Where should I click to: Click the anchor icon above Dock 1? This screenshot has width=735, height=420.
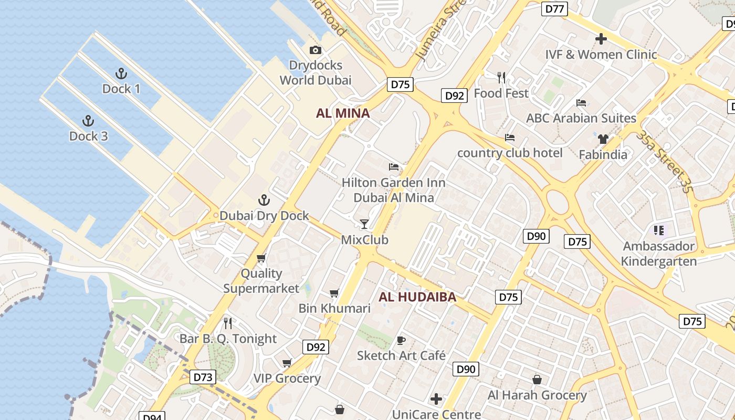121,73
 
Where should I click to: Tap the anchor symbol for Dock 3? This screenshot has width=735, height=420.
88,121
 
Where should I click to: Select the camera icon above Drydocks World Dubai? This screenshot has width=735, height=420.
315,50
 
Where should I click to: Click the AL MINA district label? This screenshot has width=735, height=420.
343,113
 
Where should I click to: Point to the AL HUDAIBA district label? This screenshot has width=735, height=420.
417,297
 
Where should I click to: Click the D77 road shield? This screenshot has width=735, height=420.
554,8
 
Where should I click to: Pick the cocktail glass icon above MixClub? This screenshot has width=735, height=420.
364,224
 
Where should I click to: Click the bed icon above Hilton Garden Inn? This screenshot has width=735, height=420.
393,167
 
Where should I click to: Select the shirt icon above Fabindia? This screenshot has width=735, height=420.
603,139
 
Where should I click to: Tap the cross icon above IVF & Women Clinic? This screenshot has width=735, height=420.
601,39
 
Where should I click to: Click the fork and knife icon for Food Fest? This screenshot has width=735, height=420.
501,78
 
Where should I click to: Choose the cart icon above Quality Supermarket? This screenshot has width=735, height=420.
261,258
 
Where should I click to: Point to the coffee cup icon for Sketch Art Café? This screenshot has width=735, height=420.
401,340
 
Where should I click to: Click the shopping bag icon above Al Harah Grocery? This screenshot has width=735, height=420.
537,379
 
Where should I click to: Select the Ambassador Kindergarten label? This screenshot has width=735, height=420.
659,254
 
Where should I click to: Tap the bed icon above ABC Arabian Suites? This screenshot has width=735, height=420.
581,103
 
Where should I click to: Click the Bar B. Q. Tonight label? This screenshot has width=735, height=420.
228,339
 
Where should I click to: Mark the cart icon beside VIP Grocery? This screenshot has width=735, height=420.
287,363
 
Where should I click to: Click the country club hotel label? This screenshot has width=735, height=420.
510,153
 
